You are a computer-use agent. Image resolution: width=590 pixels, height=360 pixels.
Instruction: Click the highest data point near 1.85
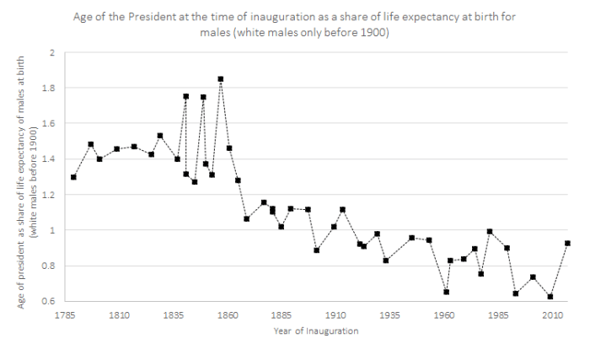(221, 79)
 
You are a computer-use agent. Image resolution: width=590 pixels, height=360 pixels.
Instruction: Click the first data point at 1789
(73, 177)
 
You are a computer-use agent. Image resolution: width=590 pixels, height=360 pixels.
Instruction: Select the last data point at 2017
(567, 244)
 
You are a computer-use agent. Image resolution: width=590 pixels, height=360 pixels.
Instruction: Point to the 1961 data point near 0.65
(446, 292)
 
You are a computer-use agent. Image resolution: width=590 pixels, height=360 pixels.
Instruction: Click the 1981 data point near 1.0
(490, 232)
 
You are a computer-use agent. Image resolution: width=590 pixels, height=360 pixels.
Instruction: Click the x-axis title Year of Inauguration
(316, 330)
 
